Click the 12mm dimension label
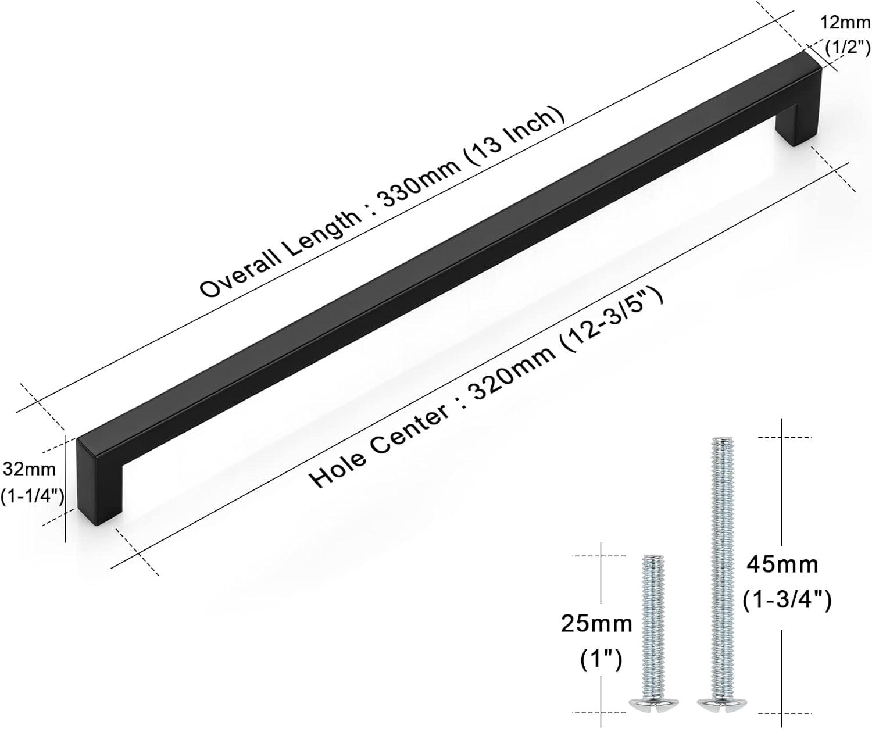point(846,23)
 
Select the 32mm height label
point(30,470)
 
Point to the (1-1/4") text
point(32,496)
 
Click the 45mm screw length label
point(782,565)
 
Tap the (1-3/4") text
point(787,601)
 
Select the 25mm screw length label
point(596,624)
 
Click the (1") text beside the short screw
point(601,660)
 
